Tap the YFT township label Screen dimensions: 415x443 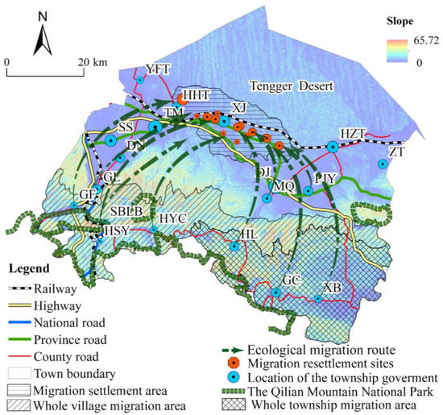pos(158,69)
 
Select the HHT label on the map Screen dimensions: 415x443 pos(197,94)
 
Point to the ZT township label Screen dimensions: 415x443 pos(397,151)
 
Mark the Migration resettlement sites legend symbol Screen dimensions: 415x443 pos(236,363)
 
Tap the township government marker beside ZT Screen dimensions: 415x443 pos(383,164)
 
